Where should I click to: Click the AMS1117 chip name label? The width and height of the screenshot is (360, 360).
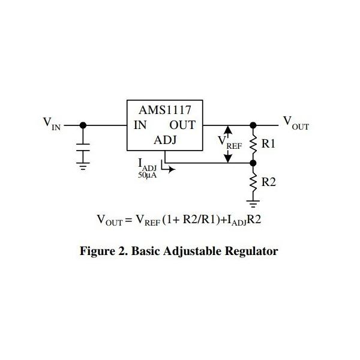tap(165, 110)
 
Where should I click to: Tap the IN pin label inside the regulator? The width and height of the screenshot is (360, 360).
tap(140, 125)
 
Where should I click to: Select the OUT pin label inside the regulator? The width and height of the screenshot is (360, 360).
tap(182, 125)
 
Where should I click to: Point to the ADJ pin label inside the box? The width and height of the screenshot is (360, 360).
tap(166, 140)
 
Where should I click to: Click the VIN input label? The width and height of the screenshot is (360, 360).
tap(52, 124)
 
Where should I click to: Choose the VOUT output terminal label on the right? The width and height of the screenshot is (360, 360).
tap(296, 123)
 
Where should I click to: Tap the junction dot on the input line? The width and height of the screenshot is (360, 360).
tap(83, 125)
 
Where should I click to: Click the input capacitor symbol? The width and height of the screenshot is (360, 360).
tap(83, 148)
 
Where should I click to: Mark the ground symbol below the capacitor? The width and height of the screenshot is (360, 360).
tap(83, 166)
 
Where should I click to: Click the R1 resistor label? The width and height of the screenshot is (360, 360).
tap(268, 144)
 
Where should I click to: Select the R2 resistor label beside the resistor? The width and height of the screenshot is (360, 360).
tap(268, 182)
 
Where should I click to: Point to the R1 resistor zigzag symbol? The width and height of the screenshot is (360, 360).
tap(253, 144)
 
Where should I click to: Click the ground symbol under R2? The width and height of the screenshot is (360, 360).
tap(253, 204)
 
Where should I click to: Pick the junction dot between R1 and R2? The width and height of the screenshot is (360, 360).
tap(253, 163)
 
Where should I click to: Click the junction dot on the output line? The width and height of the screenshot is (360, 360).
tap(253, 125)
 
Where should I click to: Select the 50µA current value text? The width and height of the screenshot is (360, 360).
tap(147, 175)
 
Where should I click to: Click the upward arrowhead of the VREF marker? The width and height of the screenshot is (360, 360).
tap(228, 130)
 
